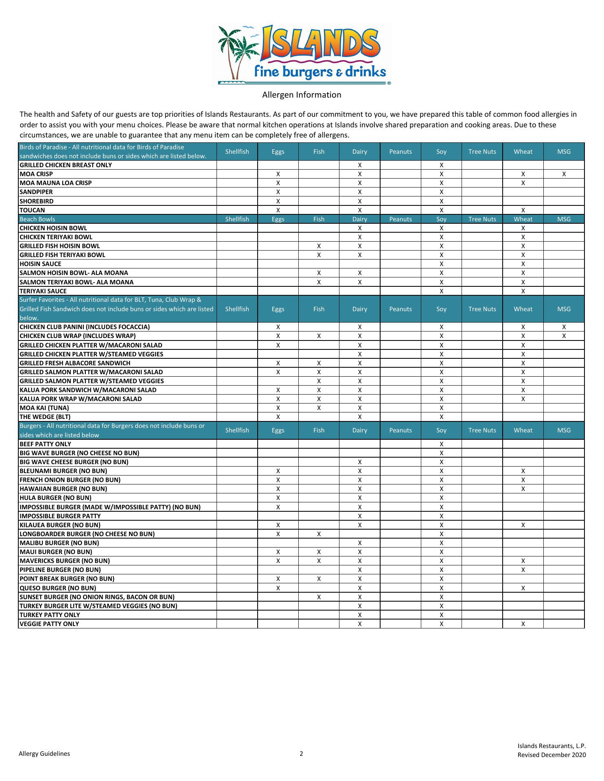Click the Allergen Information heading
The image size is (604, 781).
pos(302,95)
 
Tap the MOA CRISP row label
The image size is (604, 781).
pos(36,174)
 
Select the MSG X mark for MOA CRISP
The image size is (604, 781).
pos(564,174)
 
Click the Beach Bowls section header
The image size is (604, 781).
pos(37,219)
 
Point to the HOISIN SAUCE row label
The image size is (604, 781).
pos(40,264)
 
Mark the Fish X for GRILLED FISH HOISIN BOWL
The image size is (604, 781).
pos(319,246)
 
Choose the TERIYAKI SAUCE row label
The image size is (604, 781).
pos(43,291)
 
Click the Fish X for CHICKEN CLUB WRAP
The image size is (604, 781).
pos(319,336)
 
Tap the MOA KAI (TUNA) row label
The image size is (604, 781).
pos(44,408)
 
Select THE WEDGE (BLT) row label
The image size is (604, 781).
pos(45,417)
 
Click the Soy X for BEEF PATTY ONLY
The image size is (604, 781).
pos(441,444)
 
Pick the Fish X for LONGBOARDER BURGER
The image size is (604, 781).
pos(319,534)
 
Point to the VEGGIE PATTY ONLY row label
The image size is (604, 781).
pos(49,624)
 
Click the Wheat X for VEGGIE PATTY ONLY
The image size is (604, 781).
pos(523,624)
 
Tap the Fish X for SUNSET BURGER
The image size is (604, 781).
pos(319,597)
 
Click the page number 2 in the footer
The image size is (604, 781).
pos(302,754)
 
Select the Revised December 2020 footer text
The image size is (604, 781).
pos(551,755)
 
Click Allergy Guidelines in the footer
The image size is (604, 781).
pos(44,754)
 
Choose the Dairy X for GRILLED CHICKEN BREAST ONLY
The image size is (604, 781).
pos(359,165)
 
